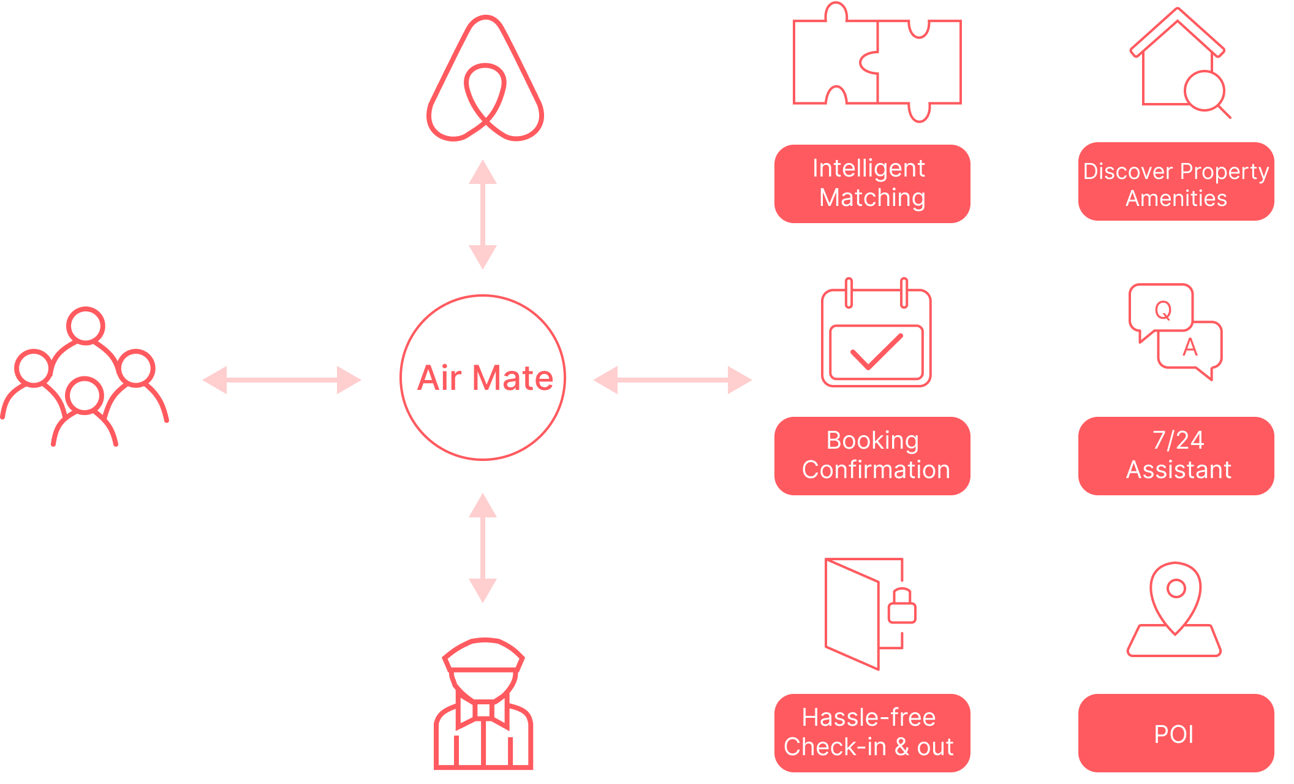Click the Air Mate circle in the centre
tap(483, 378)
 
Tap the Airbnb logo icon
tap(485, 80)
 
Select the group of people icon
tap(85, 377)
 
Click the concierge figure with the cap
tap(483, 705)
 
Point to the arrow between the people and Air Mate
tap(282, 380)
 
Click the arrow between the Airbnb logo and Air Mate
tap(483, 215)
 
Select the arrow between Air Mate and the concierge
tap(483, 548)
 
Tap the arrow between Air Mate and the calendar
tap(673, 380)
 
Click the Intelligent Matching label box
tap(872, 183)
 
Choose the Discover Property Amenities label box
tap(1176, 181)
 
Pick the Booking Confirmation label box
tap(872, 455)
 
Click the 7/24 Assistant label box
tap(1176, 455)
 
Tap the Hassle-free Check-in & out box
tap(872, 733)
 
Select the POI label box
tap(1176, 733)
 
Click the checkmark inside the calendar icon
tap(876, 352)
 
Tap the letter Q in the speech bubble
tap(1163, 311)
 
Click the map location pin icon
tap(1175, 598)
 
